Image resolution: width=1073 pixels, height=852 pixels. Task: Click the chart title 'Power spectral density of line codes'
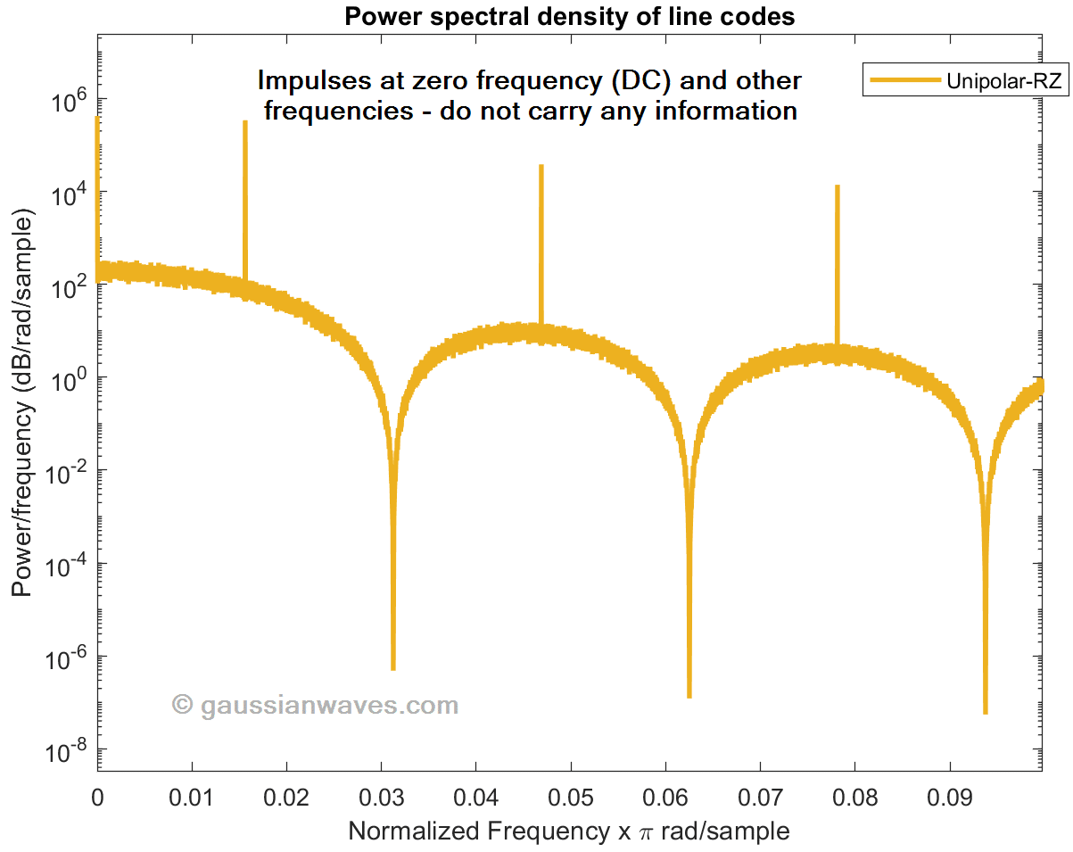point(569,16)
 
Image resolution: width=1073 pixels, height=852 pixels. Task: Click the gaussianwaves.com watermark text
point(316,706)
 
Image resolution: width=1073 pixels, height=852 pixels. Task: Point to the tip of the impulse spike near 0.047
point(541,166)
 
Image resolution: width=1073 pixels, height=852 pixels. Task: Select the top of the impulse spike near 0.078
point(837,186)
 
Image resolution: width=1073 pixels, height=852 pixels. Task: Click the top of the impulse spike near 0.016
point(244,122)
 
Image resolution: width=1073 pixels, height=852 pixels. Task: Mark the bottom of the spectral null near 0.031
point(393,668)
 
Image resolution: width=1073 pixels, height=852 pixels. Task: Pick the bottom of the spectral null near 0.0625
point(689,696)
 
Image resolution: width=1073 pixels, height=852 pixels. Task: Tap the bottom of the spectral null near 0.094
point(985,712)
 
